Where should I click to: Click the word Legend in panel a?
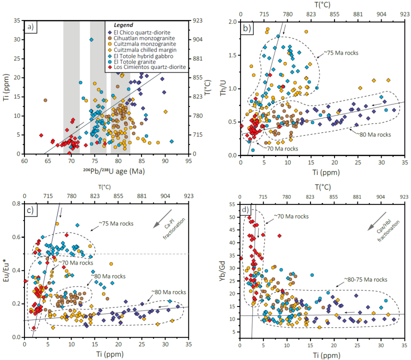122,24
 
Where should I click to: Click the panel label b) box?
247,28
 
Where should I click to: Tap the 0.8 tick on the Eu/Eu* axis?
18,204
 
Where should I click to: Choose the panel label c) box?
31,210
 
